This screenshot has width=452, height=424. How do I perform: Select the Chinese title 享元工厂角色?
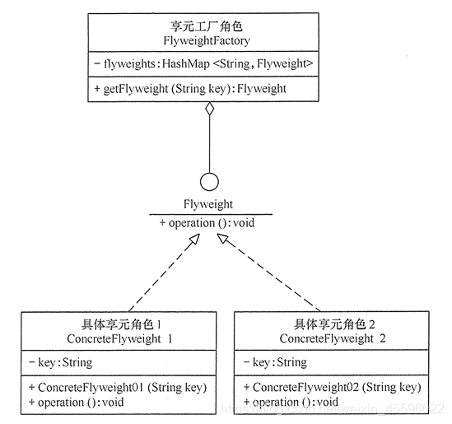click(x=208, y=24)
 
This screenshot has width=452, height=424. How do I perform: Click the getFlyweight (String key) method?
click(x=189, y=87)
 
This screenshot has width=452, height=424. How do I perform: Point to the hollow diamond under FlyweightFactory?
click(x=209, y=109)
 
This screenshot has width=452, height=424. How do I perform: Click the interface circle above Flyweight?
click(x=209, y=181)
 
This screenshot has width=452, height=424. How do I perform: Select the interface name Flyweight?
click(x=209, y=204)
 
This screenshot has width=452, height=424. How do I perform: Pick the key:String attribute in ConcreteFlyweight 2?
click(x=275, y=362)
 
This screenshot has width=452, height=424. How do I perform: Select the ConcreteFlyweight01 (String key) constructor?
click(x=117, y=387)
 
